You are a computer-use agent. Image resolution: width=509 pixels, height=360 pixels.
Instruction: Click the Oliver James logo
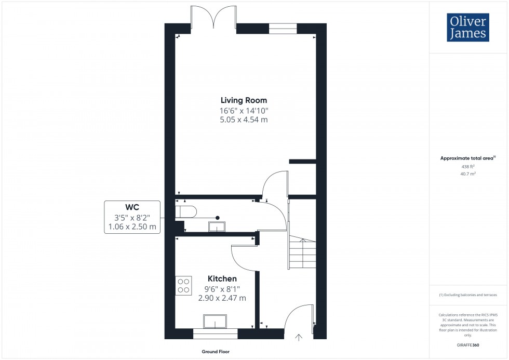467,28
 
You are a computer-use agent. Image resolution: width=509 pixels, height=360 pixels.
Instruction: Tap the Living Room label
244,100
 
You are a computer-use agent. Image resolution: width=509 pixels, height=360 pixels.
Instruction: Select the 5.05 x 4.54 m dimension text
244,120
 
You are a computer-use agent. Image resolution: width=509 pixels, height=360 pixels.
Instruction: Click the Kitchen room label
222,279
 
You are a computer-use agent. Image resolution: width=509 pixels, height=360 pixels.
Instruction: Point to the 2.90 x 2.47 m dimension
222,298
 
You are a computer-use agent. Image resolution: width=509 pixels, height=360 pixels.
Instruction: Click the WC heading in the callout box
132,206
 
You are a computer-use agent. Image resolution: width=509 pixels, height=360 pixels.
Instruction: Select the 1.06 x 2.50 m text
132,226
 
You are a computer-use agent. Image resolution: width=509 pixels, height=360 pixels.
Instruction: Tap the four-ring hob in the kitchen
183,285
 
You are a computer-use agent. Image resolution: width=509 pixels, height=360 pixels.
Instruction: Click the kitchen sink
215,322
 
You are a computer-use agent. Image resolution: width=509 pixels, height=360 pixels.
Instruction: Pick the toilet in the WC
186,212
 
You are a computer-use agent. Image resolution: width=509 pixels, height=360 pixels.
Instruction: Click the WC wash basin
216,226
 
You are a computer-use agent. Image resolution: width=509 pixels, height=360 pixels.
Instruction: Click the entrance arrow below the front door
299,338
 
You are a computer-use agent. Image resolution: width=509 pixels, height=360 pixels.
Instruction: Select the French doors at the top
214,17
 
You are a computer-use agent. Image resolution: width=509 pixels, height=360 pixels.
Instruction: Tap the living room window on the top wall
283,29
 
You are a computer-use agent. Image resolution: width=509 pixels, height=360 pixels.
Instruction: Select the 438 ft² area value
468,167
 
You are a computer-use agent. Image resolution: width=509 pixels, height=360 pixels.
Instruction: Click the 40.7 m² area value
468,175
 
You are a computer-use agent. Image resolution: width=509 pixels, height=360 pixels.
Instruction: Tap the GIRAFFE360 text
468,344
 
